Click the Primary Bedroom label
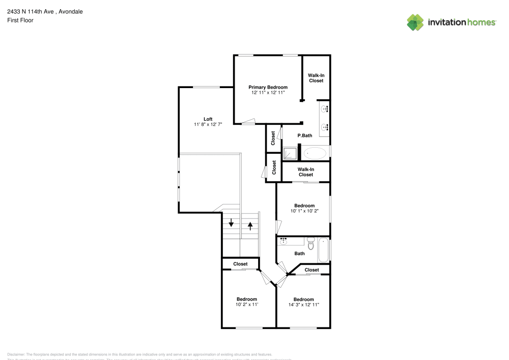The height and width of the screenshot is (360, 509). coord(268,87)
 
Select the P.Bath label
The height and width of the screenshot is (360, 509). coord(304,135)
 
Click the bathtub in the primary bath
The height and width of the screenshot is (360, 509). coord(316,153)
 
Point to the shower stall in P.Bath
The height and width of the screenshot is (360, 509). coord(290,153)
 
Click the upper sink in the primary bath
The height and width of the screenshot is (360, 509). coord(324,108)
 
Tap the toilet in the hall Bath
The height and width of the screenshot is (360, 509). coord(311,243)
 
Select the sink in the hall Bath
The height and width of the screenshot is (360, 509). coord(284,240)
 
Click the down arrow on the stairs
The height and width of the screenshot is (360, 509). coord(231,223)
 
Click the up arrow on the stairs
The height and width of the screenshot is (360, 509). coord(250,226)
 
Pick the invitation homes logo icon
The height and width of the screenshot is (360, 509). coord(415,22)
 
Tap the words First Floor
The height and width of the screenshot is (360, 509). coord(20,20)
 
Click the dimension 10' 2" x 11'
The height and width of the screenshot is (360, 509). coord(247,304)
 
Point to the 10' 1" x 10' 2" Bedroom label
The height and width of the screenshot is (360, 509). coord(304,206)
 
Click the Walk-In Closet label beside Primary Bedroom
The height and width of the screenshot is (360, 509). coord(316,78)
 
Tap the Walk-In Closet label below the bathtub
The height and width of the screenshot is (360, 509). coord(305,172)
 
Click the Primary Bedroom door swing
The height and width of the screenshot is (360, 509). coord(249,121)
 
